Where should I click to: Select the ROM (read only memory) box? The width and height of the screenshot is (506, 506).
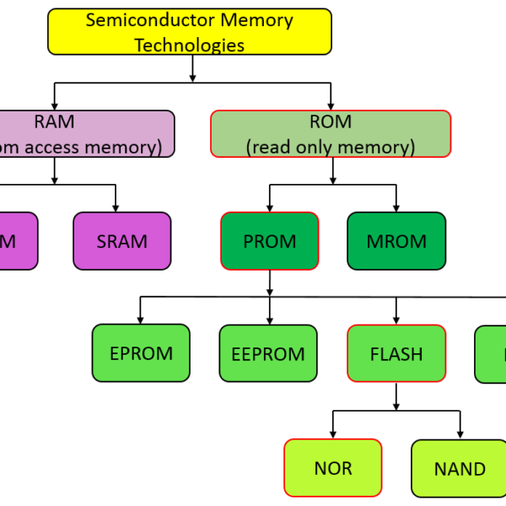(331, 134)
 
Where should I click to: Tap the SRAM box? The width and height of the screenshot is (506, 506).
(121, 241)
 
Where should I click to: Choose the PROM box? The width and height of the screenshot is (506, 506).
(270, 241)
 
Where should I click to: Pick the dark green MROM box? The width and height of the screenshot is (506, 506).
(396, 241)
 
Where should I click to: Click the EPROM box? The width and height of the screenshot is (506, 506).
(141, 353)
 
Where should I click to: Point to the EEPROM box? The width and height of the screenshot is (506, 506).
(269, 353)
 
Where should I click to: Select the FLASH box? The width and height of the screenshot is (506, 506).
(396, 353)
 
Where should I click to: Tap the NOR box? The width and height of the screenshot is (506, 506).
(333, 468)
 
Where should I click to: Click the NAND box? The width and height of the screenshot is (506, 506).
(460, 468)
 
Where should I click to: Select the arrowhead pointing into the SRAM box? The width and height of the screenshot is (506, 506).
(116, 207)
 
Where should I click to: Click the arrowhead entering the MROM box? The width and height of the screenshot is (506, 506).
(396, 207)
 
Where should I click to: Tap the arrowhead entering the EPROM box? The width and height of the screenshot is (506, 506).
(141, 320)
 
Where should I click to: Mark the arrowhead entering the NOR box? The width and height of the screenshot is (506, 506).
(333, 434)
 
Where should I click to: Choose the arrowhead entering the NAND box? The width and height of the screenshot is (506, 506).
(460, 434)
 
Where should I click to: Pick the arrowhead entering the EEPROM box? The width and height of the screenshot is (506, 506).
(269, 320)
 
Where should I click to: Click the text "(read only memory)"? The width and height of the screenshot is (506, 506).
(331, 147)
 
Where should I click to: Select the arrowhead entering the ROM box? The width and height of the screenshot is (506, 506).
(331, 105)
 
